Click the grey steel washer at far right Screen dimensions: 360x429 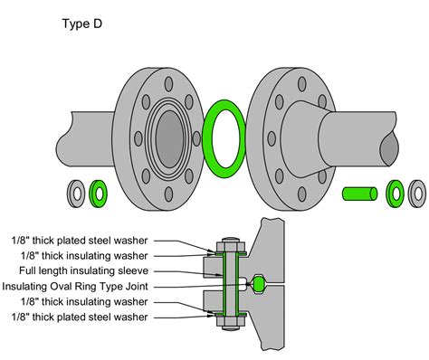pyautogui.click(x=417, y=193)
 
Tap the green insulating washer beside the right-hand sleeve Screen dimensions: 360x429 pyautogui.click(x=396, y=193)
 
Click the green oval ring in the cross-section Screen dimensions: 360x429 pyautogui.click(x=260, y=284)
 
